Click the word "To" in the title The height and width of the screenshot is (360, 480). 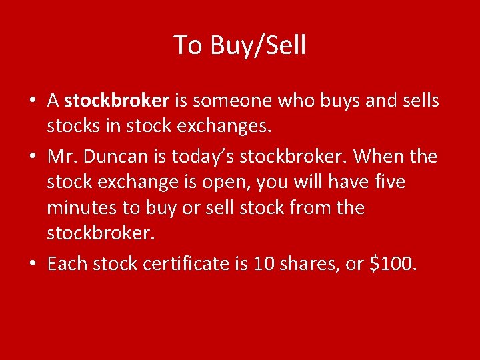(188, 45)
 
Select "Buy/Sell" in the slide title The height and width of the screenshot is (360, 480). (258, 45)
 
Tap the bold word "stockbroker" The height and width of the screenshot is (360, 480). (117, 101)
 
